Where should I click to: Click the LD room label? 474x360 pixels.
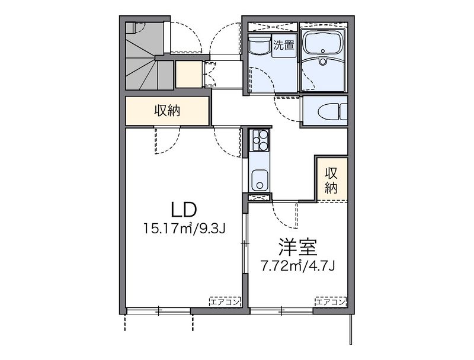184,210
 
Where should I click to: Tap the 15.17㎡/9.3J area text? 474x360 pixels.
184,229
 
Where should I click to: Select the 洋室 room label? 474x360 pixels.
298,247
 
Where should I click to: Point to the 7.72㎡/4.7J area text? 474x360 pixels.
298,266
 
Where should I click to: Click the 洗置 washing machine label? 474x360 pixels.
284,46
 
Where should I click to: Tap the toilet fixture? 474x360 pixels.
332,111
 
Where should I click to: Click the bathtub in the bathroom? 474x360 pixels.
323,45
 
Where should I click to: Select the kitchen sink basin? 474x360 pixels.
258,180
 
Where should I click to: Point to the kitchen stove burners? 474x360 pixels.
259,140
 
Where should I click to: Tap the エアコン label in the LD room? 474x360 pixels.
225,302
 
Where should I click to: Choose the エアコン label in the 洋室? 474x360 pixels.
330,302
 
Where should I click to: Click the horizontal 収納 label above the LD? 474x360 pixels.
167,111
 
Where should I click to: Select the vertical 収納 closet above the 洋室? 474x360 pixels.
331,181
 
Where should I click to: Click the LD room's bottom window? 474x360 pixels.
159,310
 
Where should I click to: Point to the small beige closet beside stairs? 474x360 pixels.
189,74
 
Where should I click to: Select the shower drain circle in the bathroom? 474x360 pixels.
323,62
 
